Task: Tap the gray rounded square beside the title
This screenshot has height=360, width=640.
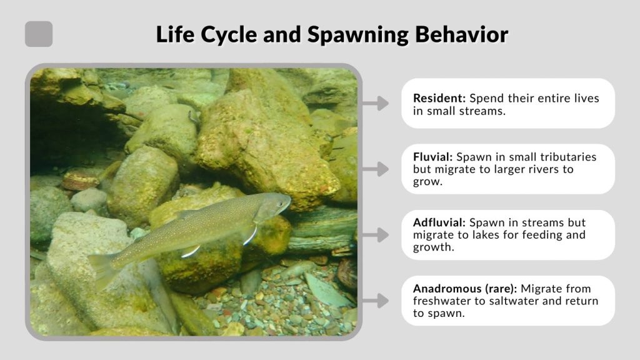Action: click(x=39, y=34)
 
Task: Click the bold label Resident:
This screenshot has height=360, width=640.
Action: click(x=439, y=99)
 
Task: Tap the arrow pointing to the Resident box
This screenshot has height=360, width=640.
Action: click(x=376, y=103)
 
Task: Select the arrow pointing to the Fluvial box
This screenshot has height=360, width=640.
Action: click(x=376, y=169)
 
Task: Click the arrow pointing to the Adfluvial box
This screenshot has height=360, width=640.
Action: click(x=376, y=235)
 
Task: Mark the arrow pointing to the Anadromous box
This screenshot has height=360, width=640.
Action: click(x=376, y=301)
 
